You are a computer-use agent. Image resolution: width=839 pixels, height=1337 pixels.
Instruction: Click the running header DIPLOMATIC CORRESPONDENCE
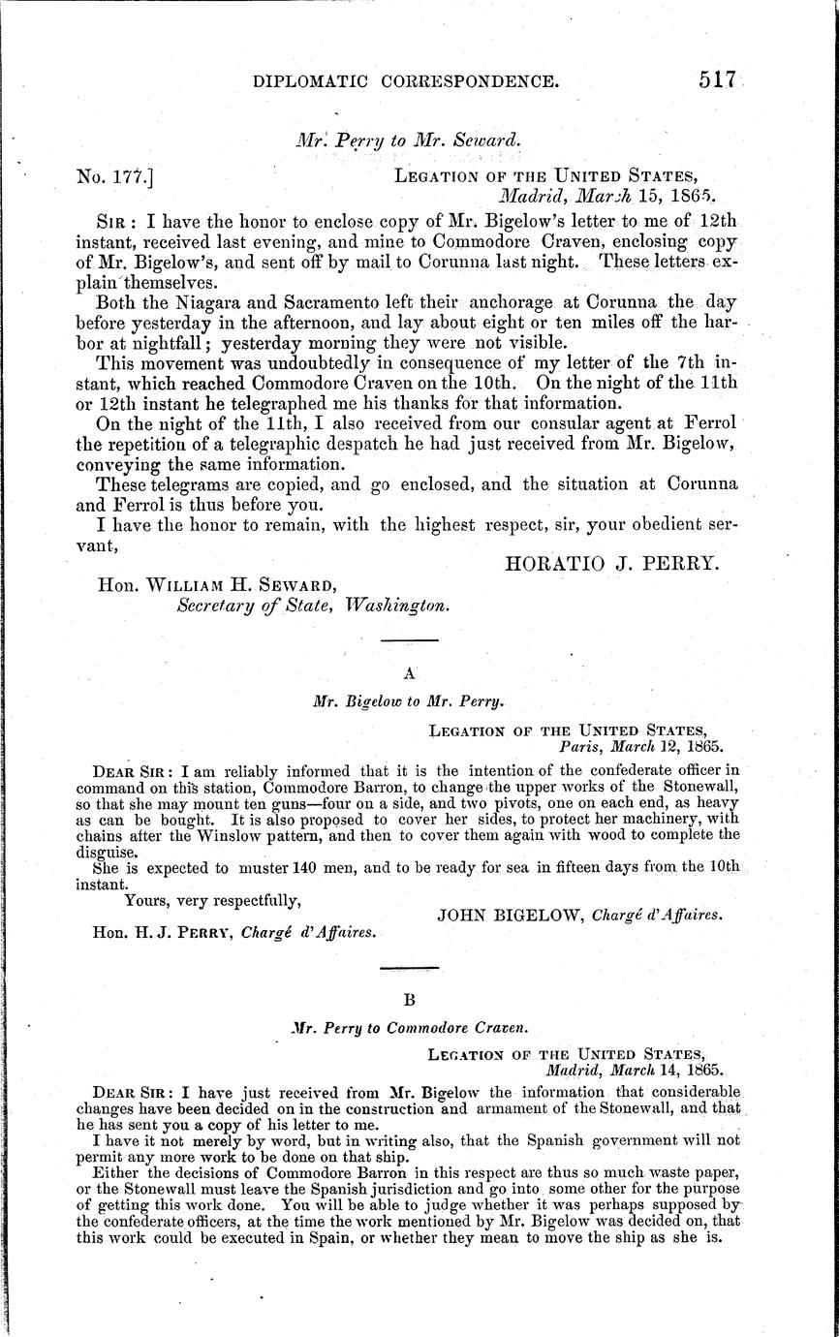(x=406, y=83)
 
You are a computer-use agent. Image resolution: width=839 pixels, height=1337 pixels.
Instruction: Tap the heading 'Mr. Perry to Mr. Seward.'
(x=408, y=139)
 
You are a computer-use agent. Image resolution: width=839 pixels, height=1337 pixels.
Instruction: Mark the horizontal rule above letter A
(x=408, y=639)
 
